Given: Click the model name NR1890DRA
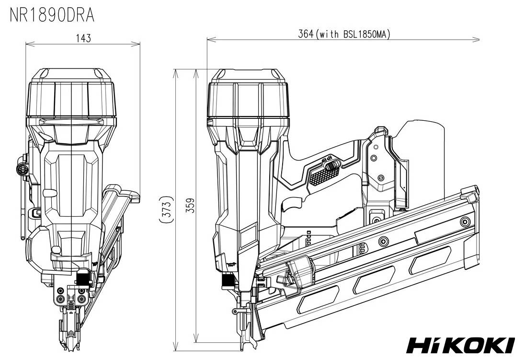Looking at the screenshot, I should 52,15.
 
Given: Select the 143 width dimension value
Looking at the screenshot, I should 83,38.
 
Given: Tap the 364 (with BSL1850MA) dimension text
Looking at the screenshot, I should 344,34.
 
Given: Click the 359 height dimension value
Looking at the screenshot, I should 190,207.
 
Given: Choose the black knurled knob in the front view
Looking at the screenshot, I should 82,278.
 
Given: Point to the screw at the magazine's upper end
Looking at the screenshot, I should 465,221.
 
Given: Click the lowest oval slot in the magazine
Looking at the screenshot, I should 313,303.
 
